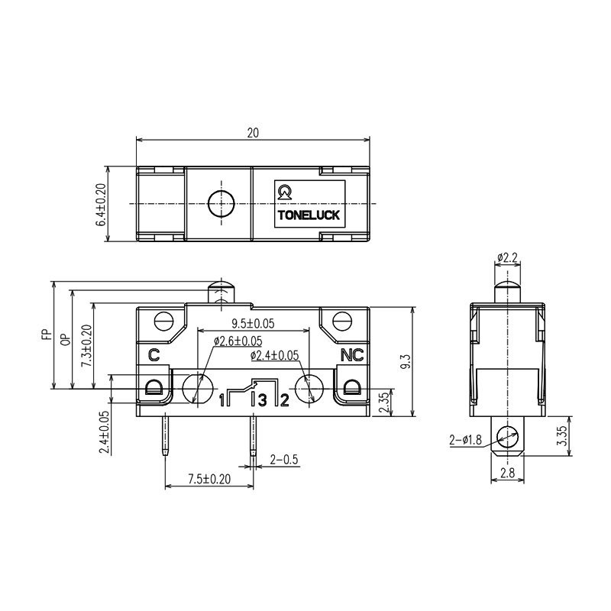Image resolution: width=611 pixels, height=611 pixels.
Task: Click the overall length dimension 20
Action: pyautogui.click(x=253, y=132)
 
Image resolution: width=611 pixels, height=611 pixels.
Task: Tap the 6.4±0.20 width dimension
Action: pyautogui.click(x=100, y=204)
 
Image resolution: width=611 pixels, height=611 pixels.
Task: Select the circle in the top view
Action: pyautogui.click(x=221, y=203)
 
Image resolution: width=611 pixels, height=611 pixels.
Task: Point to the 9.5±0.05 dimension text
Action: pyautogui.click(x=253, y=324)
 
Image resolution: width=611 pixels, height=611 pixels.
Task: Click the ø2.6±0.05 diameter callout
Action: pyautogui.click(x=238, y=341)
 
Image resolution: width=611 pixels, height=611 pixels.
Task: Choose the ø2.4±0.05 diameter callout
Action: pyautogui.click(x=274, y=355)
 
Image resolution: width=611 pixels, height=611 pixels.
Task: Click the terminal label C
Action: pyautogui.click(x=154, y=354)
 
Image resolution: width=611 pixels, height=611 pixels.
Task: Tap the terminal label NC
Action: pyautogui.click(x=351, y=354)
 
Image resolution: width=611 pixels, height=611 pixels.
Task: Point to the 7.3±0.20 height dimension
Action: pyautogui.click(x=85, y=346)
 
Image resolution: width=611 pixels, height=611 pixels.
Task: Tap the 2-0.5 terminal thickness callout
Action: pyautogui.click(x=283, y=459)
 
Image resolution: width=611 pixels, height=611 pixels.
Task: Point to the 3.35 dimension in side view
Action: pyautogui.click(x=562, y=437)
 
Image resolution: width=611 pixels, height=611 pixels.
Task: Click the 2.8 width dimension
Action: pyautogui.click(x=506, y=474)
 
